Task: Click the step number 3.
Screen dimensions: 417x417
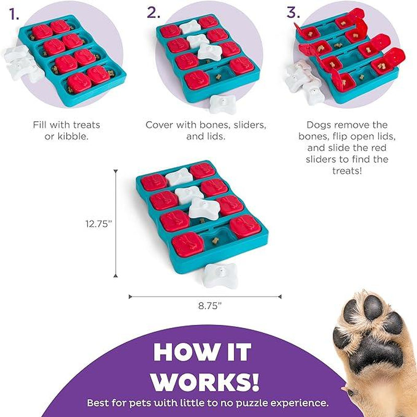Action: point(293,13)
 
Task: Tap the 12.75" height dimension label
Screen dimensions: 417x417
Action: point(97,224)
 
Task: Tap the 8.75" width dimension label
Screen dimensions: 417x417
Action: point(210,306)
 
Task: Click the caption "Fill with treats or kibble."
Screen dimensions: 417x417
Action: point(66,130)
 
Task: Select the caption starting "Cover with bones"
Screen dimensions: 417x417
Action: point(206,130)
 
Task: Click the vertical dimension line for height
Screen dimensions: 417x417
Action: point(116,224)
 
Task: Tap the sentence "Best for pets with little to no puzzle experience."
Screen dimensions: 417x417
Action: point(207,403)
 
